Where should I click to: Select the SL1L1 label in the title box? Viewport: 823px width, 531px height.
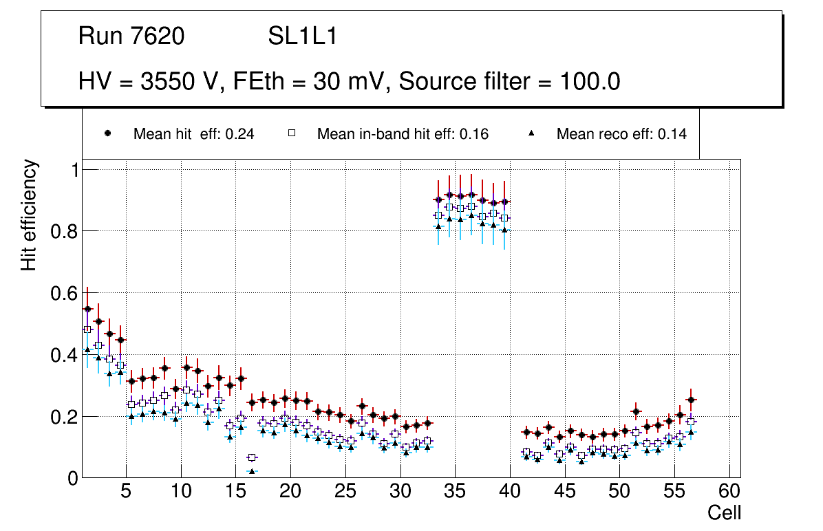tap(302, 36)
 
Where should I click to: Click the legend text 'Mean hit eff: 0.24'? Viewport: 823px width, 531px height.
tap(193, 134)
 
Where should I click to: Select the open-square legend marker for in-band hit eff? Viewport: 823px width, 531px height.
tap(291, 133)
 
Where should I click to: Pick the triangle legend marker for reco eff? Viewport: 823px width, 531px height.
tap(531, 133)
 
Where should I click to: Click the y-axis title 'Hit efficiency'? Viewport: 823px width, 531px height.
tap(29, 215)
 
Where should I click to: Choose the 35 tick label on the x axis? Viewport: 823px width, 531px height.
tap(455, 492)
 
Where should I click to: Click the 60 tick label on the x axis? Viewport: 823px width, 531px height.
tap(729, 492)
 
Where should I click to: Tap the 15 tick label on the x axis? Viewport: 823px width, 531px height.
tap(235, 492)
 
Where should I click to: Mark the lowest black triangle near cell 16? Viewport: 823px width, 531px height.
tap(252, 471)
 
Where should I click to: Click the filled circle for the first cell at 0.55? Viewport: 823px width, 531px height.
tap(87, 309)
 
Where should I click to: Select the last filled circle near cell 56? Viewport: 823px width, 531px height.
tap(692, 400)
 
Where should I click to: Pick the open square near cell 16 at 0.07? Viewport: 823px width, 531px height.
tap(252, 457)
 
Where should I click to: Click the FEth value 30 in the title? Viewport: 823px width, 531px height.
tap(325, 82)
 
